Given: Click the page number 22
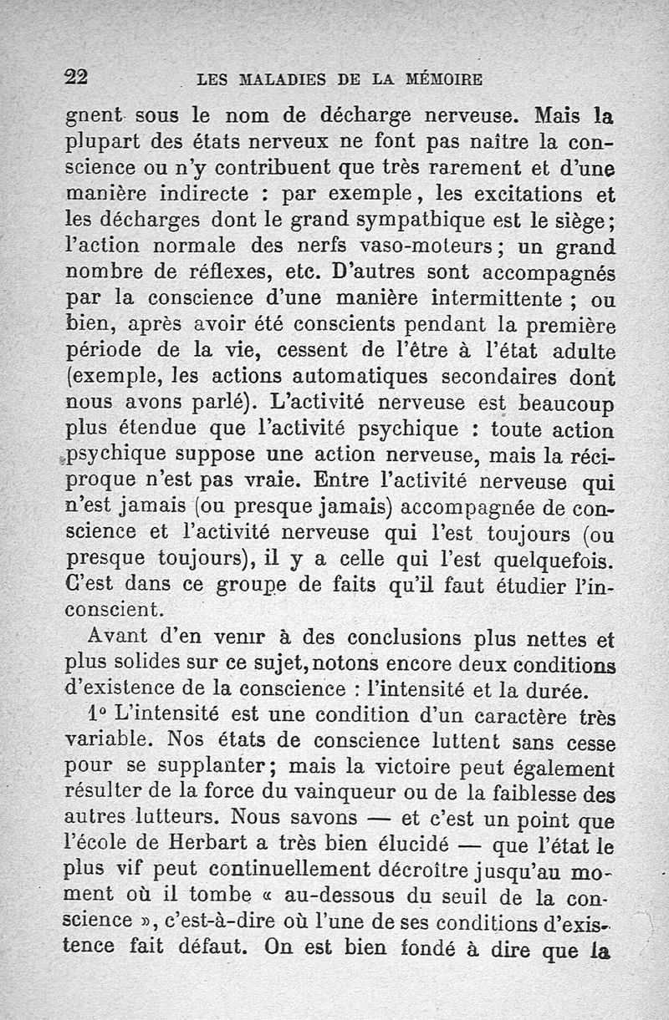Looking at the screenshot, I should [77, 77].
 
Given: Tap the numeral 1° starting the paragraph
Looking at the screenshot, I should [100, 716].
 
